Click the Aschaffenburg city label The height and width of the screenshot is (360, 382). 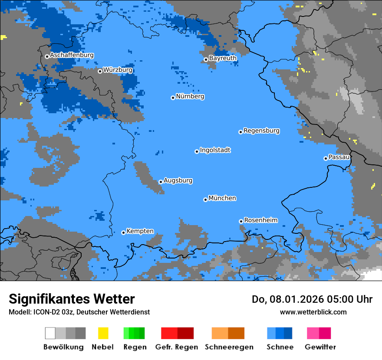pyautogui.click(x=72, y=55)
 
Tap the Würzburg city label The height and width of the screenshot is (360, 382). pyautogui.click(x=118, y=70)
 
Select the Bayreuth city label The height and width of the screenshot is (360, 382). pyautogui.click(x=223, y=58)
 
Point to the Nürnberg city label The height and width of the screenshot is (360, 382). pyautogui.click(x=190, y=96)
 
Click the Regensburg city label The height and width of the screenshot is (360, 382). pyautogui.click(x=261, y=131)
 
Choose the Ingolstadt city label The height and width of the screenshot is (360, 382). pyautogui.click(x=215, y=150)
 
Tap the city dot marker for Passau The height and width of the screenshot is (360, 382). pyautogui.click(x=326, y=158)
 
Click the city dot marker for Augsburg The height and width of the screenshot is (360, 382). pyautogui.click(x=161, y=182)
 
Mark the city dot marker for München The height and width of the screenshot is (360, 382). pyautogui.click(x=205, y=200)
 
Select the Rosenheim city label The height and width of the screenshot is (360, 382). pyautogui.click(x=260, y=220)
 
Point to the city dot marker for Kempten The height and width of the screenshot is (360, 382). pyautogui.click(x=123, y=232)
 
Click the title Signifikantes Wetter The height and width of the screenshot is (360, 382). pyautogui.click(x=72, y=299)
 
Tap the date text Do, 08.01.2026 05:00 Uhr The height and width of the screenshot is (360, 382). pyautogui.click(x=312, y=299)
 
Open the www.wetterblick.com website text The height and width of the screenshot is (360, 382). pyautogui.click(x=313, y=312)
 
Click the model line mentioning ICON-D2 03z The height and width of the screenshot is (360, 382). pyautogui.click(x=79, y=312)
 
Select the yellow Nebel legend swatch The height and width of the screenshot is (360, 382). pyautogui.click(x=103, y=333)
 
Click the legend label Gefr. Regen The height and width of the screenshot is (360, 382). pyautogui.click(x=177, y=347)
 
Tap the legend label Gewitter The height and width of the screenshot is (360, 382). pyautogui.click(x=320, y=347)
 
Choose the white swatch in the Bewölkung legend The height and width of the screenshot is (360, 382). pyautogui.click(x=50, y=333)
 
